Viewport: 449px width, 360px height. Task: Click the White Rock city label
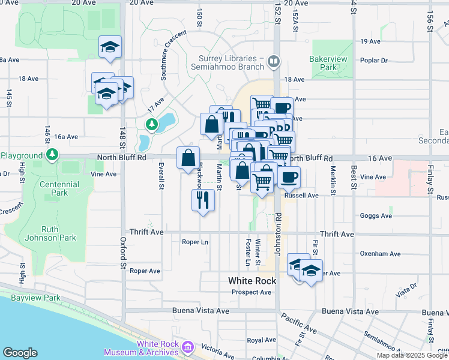(x=252, y=281)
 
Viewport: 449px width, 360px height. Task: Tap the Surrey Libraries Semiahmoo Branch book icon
(x=274, y=61)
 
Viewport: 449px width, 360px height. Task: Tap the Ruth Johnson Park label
(x=59, y=233)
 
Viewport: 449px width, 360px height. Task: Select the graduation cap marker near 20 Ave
(x=110, y=47)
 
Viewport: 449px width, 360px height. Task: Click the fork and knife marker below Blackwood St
(x=203, y=200)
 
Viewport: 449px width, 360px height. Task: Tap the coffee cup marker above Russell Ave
(x=289, y=178)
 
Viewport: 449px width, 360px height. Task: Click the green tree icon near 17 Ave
(x=152, y=124)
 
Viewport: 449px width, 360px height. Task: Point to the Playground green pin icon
(x=53, y=155)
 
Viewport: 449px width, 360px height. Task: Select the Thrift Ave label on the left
(x=147, y=232)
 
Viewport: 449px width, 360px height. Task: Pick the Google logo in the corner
(x=20, y=353)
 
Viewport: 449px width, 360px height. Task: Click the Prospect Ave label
(x=252, y=292)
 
